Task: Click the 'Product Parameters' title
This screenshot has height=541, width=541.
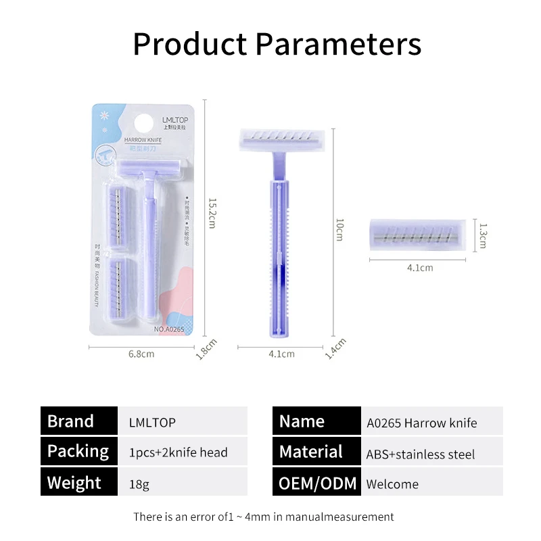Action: click(x=277, y=44)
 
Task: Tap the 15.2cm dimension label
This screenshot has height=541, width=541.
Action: click(x=212, y=212)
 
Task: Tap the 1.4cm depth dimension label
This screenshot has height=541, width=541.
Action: click(x=331, y=348)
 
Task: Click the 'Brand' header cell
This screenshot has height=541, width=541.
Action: click(x=71, y=421)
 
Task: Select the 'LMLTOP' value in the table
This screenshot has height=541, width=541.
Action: click(x=152, y=423)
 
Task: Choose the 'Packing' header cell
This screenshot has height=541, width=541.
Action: click(x=78, y=451)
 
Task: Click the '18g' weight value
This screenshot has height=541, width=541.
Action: click(x=139, y=484)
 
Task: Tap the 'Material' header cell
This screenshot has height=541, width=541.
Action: click(x=311, y=452)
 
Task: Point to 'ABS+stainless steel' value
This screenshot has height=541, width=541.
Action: click(x=421, y=454)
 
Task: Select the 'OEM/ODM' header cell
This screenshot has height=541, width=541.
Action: click(x=316, y=484)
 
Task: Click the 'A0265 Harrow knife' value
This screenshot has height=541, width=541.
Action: click(x=422, y=423)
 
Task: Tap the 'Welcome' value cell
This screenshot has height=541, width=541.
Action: click(x=392, y=484)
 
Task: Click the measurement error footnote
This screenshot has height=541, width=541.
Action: click(x=264, y=517)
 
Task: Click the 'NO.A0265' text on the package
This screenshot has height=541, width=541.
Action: click(x=169, y=329)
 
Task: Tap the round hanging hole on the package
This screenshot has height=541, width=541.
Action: click(x=143, y=124)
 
